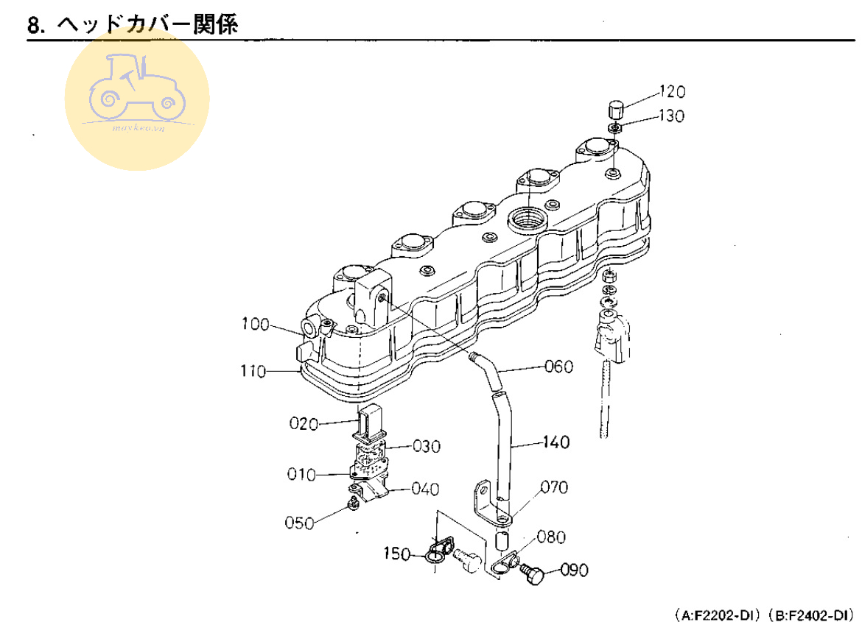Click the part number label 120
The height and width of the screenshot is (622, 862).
click(x=671, y=92)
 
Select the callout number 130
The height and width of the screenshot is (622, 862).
click(x=671, y=116)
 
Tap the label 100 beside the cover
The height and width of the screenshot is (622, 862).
click(x=255, y=324)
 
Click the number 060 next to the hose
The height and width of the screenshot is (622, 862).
click(x=558, y=366)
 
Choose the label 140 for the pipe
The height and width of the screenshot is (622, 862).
click(x=556, y=442)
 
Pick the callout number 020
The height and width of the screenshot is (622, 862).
click(x=302, y=424)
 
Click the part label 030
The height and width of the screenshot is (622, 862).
click(x=426, y=447)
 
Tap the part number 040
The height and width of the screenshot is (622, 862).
click(x=425, y=488)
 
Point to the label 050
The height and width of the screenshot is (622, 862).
click(x=299, y=523)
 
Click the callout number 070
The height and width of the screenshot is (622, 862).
click(x=553, y=487)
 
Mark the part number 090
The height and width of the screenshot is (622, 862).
click(x=575, y=569)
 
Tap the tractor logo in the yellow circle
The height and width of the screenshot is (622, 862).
click(x=137, y=89)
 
